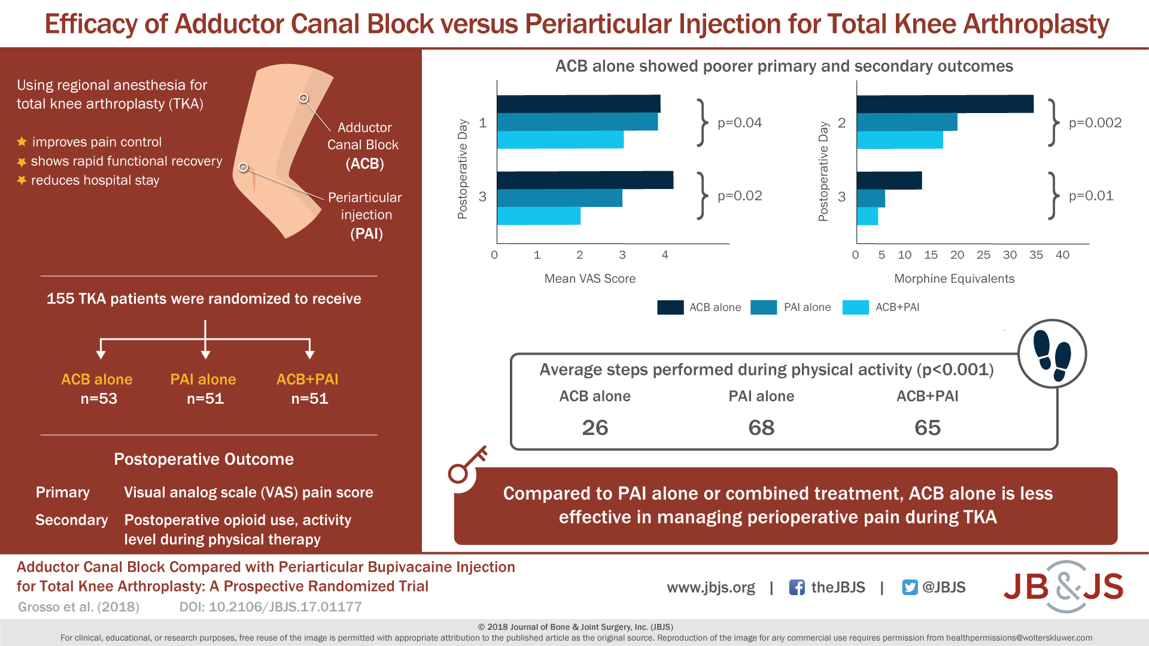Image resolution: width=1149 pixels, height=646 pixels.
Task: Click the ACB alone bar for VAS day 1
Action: click(578, 103)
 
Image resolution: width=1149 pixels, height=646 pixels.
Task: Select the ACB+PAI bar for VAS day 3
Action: click(539, 216)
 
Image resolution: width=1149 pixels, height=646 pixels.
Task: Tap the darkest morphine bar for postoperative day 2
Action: click(944, 103)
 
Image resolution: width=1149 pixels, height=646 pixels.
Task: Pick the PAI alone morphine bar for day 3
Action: click(871, 198)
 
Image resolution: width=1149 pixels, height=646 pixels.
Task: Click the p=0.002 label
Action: click(1095, 123)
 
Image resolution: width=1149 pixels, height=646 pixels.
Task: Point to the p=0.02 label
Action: click(740, 196)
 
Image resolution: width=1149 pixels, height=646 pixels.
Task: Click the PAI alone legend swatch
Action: click(764, 307)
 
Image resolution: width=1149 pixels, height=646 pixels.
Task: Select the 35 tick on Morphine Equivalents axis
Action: click(1036, 255)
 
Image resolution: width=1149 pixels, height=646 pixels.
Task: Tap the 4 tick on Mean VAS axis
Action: click(664, 255)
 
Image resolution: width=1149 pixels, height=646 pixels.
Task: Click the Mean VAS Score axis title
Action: click(589, 279)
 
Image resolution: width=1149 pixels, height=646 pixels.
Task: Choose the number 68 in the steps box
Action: click(761, 428)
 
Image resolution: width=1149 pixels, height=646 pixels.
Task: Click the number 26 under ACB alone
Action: click(595, 428)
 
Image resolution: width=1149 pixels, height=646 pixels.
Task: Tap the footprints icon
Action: click(1052, 354)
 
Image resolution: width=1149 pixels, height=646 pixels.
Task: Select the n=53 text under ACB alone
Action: click(99, 399)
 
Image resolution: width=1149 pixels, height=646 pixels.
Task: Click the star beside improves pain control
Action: click(22, 142)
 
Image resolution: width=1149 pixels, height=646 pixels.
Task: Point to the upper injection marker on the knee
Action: click(304, 98)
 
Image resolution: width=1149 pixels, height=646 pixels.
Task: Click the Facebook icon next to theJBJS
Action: click(797, 587)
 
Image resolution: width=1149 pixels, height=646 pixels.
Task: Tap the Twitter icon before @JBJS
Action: click(910, 587)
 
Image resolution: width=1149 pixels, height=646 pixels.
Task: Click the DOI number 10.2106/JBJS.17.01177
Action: click(285, 607)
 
